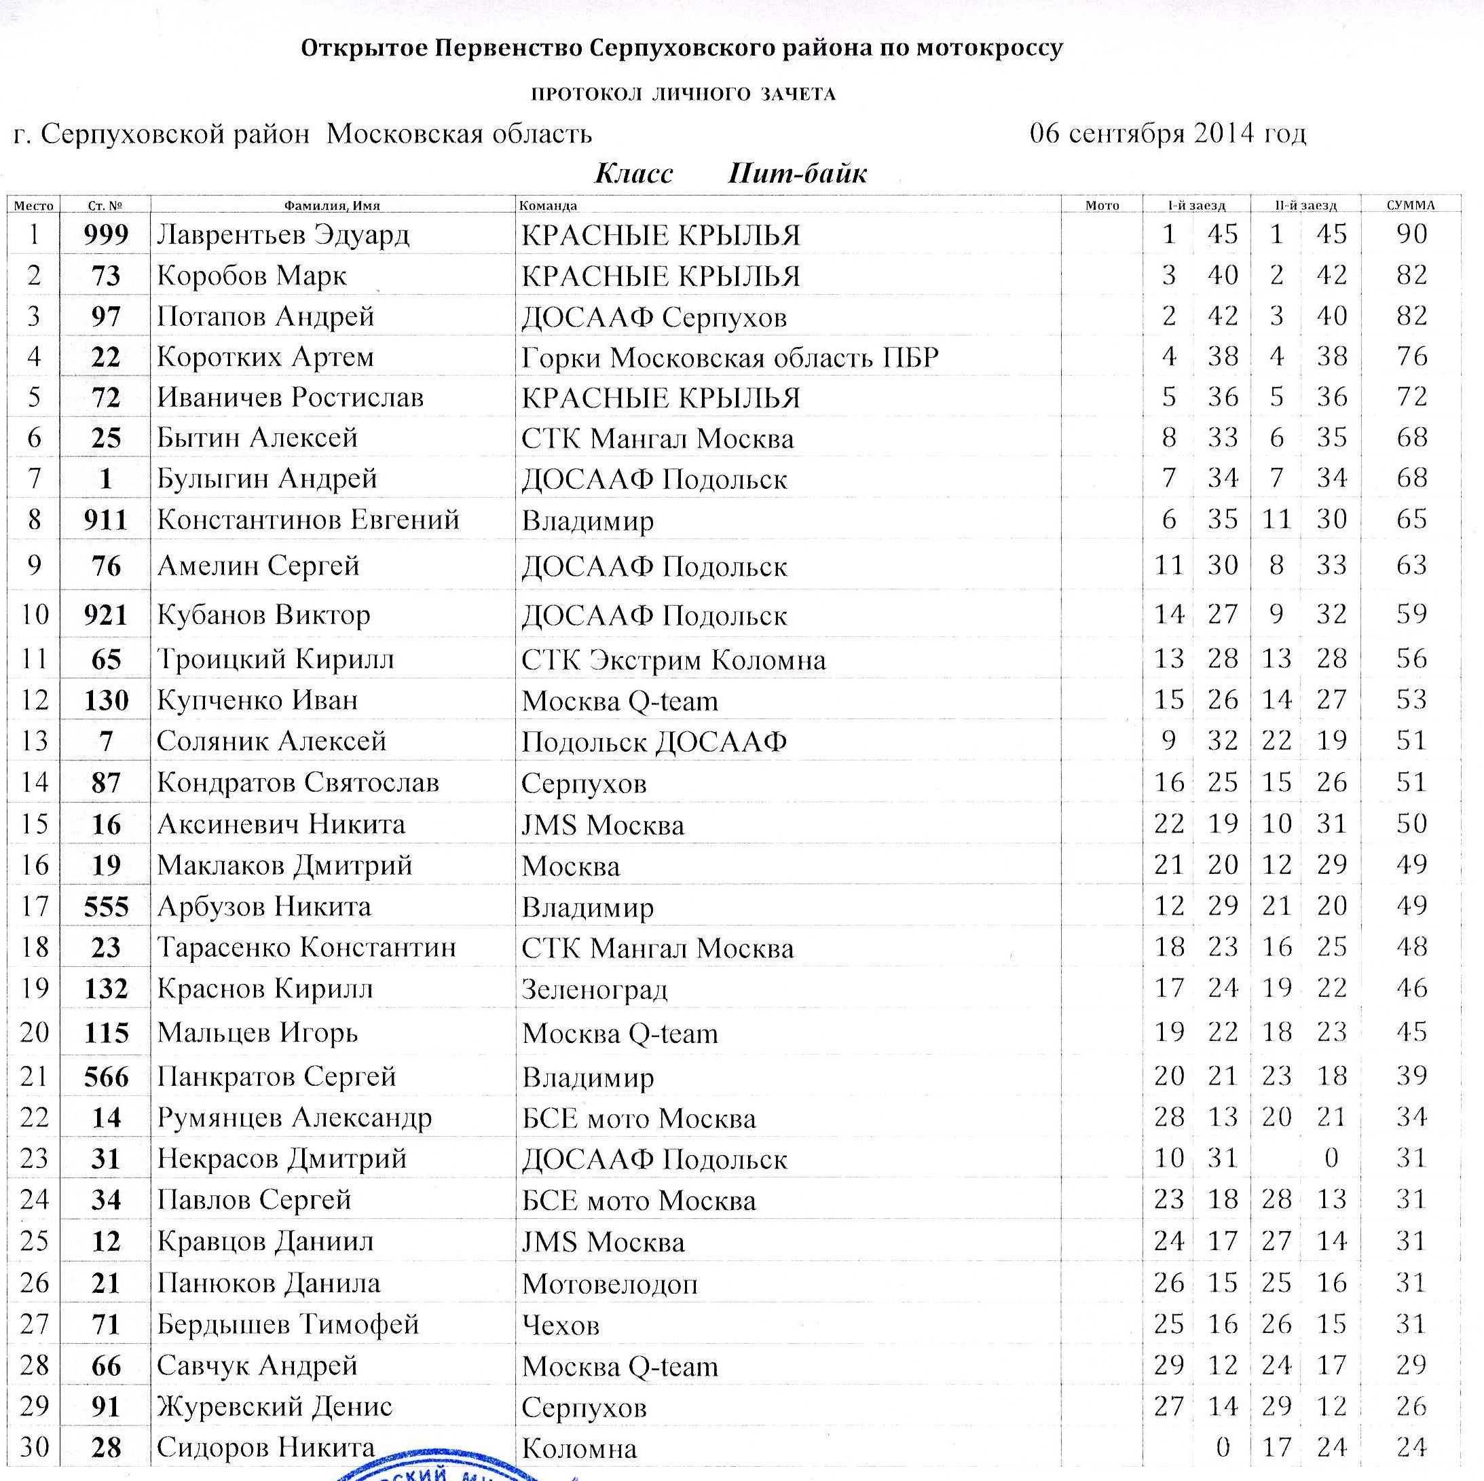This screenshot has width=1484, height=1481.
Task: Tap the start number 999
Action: pos(106,234)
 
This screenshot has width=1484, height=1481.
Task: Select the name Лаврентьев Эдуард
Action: pos(284,234)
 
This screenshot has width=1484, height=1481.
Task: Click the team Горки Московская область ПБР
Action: pos(730,357)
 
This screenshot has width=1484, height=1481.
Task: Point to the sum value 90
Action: pos(1412,234)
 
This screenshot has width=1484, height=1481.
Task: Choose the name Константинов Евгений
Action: pos(308,520)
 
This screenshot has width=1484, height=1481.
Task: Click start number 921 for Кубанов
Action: pos(106,615)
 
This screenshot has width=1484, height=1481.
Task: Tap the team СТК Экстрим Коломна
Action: pos(673,660)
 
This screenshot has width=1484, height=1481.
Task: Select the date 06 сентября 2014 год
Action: pos(1168,134)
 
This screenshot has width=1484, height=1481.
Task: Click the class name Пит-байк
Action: pos(797,174)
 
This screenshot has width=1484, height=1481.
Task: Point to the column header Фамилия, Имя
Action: pos(332,206)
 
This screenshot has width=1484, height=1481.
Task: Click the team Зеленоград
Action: pos(595,989)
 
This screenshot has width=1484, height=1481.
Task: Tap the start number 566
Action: pos(106,1076)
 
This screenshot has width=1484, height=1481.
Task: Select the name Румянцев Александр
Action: pos(294,1118)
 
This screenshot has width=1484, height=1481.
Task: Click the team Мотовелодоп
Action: pos(610,1283)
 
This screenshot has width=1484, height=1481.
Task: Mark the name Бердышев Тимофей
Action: pos(288,1324)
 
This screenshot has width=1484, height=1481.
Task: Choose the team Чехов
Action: pos(561,1325)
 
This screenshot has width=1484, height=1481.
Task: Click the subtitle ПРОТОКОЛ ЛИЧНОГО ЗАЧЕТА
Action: pos(683,94)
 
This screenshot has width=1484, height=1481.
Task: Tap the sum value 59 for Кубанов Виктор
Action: pos(1412,614)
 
